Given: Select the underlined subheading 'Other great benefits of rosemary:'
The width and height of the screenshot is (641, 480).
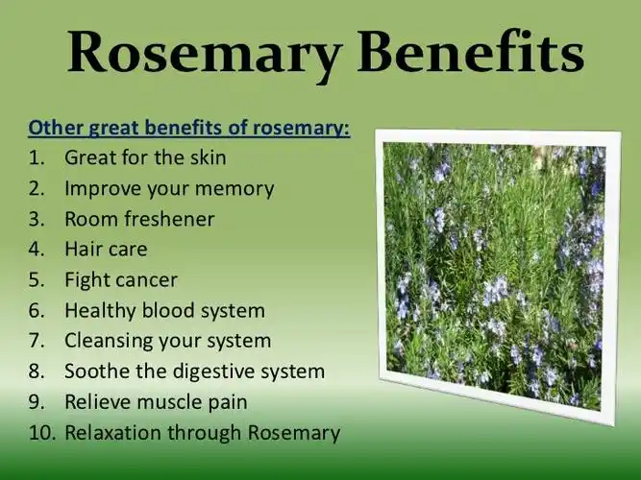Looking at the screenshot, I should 189,127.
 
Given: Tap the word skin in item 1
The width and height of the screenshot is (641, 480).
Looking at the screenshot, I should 208,157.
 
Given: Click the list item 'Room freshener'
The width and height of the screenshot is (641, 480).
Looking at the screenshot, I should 139,219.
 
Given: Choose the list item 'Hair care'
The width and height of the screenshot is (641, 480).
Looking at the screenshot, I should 106,250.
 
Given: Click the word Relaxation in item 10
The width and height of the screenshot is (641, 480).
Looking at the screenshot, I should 113,433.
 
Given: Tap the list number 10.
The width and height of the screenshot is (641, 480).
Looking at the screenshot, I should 41,433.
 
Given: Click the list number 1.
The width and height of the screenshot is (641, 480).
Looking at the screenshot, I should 36,157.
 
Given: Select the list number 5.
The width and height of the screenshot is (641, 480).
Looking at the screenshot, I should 36,280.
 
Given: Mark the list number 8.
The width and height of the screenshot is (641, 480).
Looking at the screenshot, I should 36,372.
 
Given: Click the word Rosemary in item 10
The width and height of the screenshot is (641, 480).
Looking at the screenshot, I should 294,433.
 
